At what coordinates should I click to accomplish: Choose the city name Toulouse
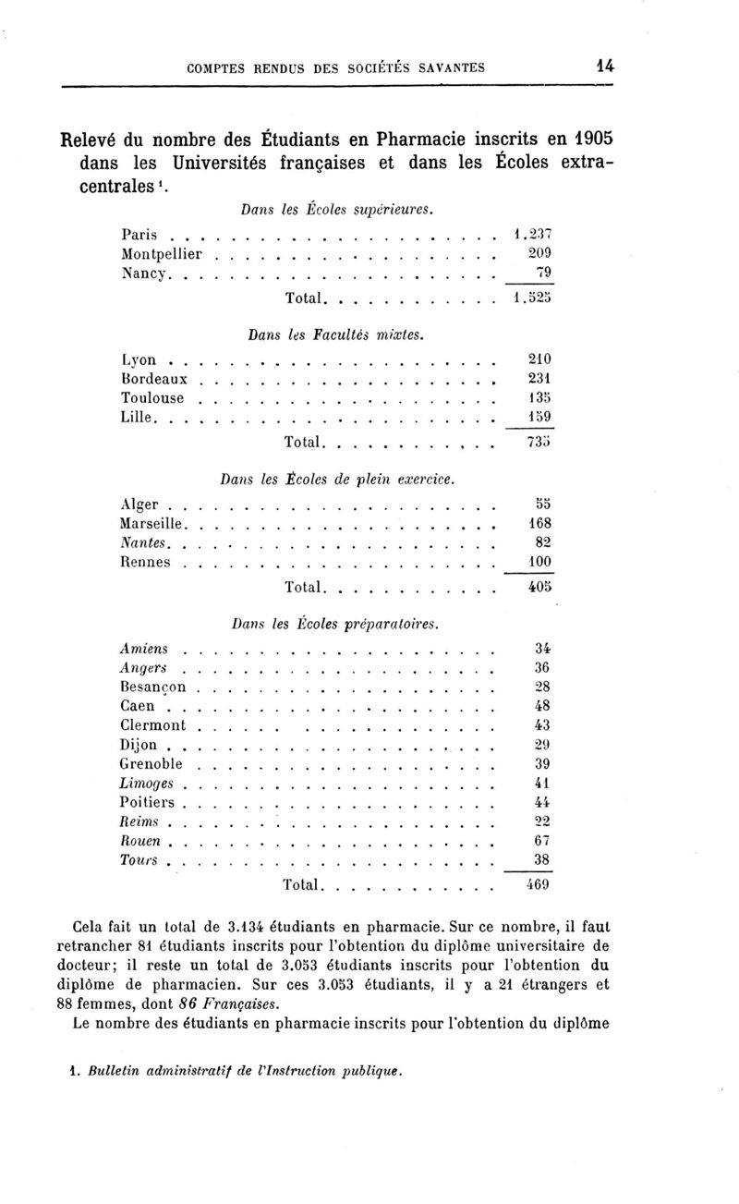click(x=153, y=398)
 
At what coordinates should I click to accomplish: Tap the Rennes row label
click(x=146, y=564)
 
